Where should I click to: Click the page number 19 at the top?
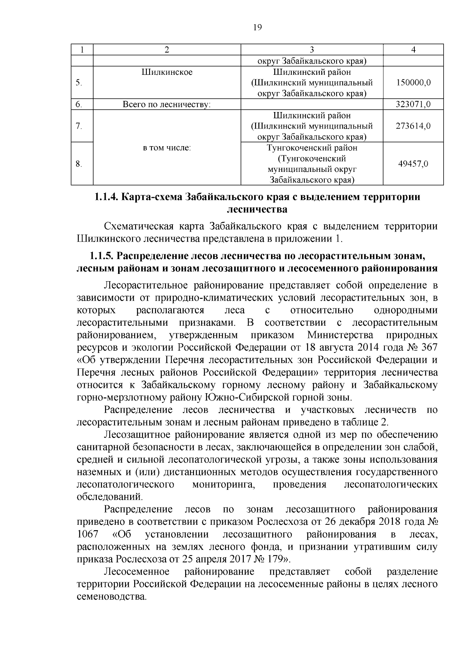(x=258, y=27)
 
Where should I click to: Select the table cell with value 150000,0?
(x=413, y=82)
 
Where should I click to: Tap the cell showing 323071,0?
(x=413, y=104)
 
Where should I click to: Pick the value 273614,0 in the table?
(x=413, y=126)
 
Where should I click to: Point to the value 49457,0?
(x=413, y=164)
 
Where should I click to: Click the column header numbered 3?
(x=312, y=49)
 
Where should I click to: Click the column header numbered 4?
(x=413, y=49)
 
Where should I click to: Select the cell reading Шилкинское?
(x=167, y=72)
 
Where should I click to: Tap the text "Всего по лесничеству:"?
(x=167, y=104)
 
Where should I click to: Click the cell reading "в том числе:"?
(x=167, y=148)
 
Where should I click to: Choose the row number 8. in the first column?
(x=79, y=164)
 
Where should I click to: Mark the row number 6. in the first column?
(x=79, y=104)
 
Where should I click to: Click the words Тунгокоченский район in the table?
(x=312, y=148)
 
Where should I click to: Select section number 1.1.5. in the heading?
(x=101, y=255)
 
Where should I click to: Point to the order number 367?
(x=429, y=348)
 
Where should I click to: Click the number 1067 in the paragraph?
(x=87, y=534)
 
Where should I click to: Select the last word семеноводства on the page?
(x=112, y=597)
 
